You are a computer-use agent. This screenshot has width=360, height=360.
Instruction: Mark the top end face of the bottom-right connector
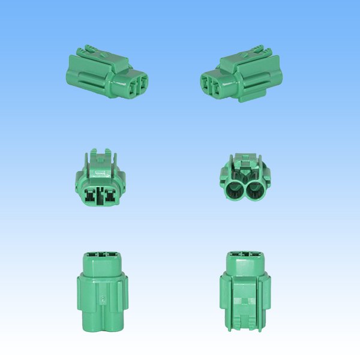244,254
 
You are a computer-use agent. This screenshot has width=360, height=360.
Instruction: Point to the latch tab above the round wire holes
244,162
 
